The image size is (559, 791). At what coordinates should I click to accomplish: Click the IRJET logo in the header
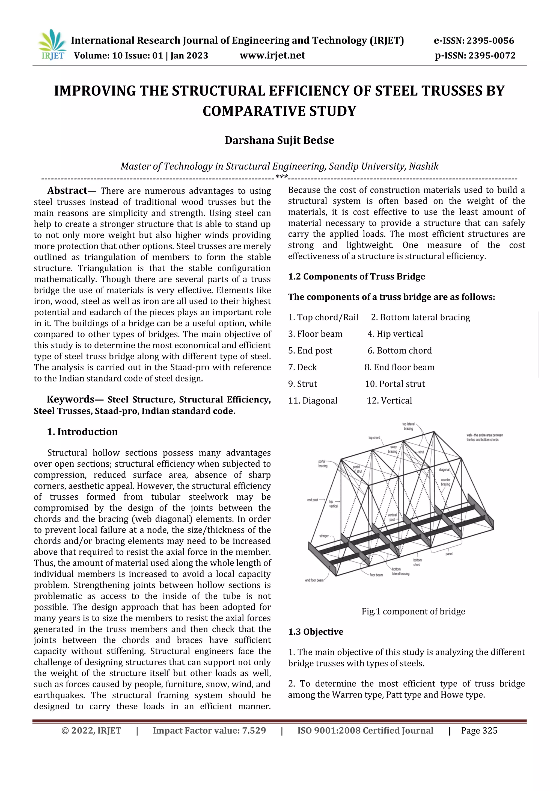[x=52, y=45]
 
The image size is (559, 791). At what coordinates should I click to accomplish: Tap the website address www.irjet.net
[x=272, y=55]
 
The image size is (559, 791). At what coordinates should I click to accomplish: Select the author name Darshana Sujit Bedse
[x=279, y=140]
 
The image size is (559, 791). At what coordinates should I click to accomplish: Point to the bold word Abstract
[x=67, y=190]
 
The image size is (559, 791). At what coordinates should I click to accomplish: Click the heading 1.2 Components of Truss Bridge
[x=356, y=276]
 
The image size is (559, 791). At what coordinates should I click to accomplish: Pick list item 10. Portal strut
[x=394, y=384]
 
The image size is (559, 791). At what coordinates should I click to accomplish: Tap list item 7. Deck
[x=302, y=367]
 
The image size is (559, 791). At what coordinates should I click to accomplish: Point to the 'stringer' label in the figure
[x=324, y=536]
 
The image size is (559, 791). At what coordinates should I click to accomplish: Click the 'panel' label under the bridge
[x=449, y=554]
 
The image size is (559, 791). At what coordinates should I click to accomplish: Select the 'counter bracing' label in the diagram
[x=445, y=482]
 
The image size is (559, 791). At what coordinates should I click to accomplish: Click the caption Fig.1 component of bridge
[x=413, y=611]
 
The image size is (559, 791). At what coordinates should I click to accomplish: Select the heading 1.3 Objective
[x=315, y=631]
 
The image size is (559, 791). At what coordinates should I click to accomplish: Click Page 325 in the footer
[x=479, y=730]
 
